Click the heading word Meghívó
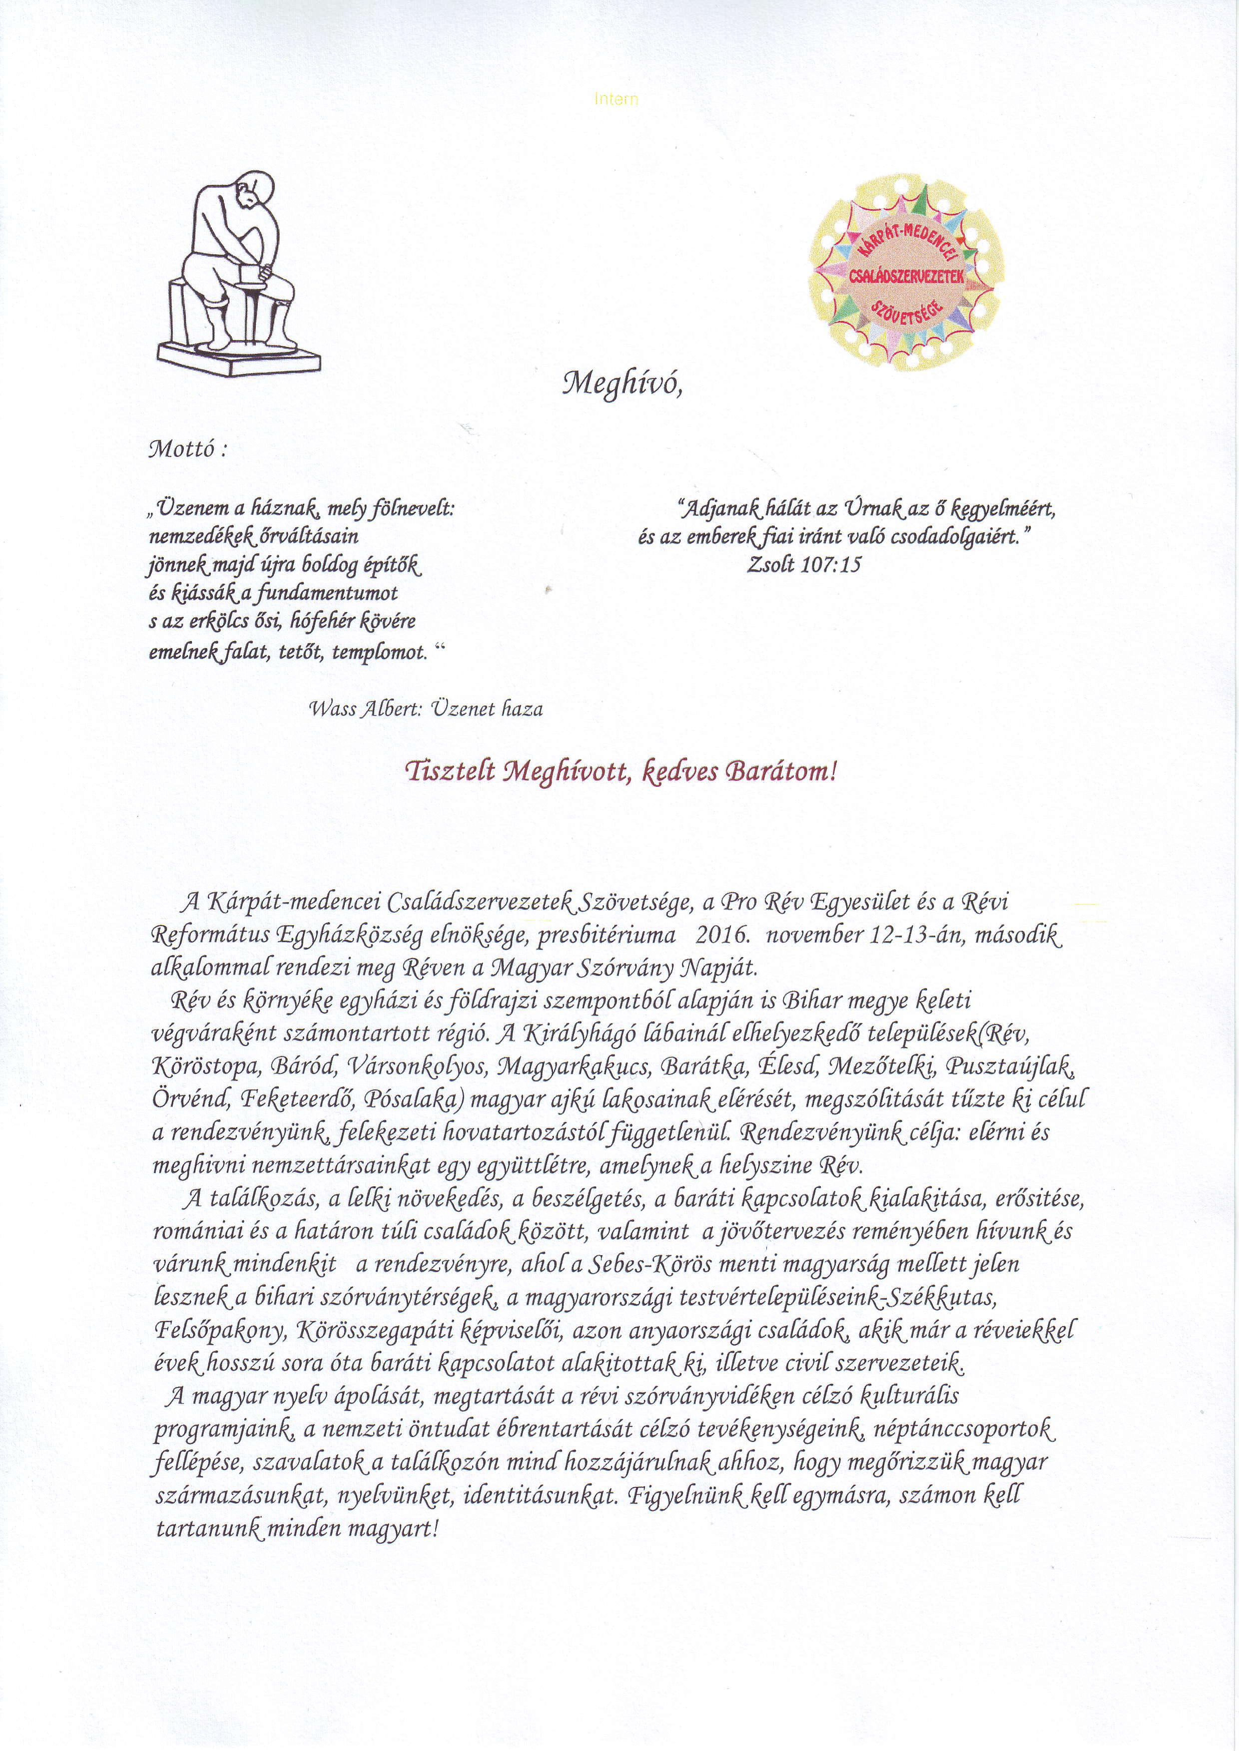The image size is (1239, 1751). pos(620,383)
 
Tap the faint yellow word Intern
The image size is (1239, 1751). pos(616,99)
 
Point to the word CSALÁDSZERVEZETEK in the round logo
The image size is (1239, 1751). pos(906,276)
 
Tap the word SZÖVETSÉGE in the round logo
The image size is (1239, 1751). pos(906,311)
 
